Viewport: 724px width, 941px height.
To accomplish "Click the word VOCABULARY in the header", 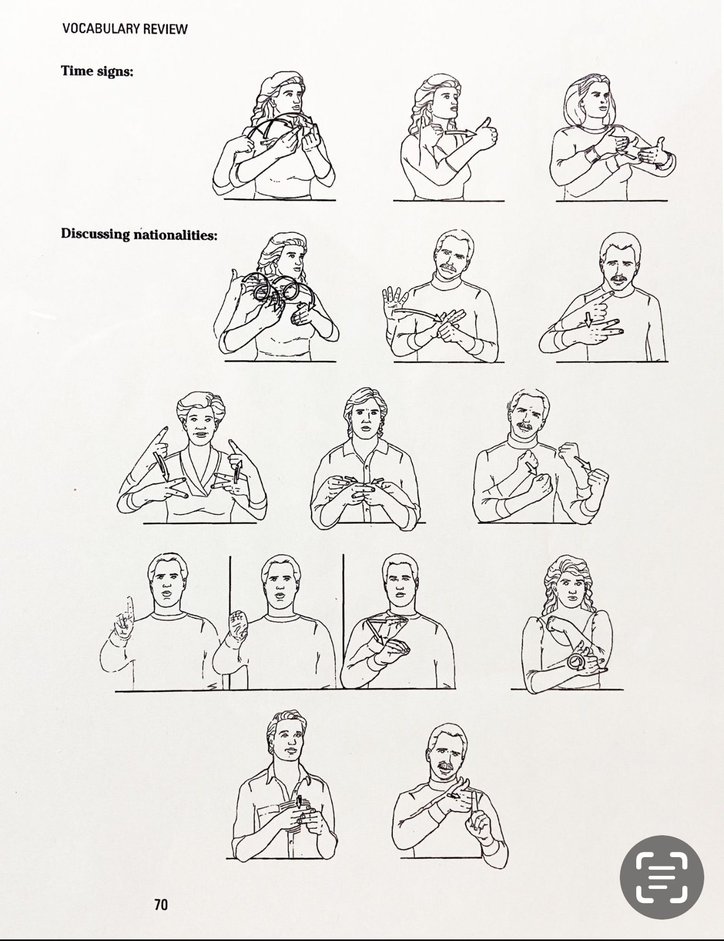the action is pos(100,28).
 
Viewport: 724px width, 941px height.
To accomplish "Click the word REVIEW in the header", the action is pos(165,28).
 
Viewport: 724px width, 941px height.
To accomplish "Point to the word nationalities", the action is pos(174,235).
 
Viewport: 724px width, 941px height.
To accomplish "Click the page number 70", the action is pos(161,904).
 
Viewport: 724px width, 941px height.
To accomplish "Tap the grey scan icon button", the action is pos(661,877).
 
